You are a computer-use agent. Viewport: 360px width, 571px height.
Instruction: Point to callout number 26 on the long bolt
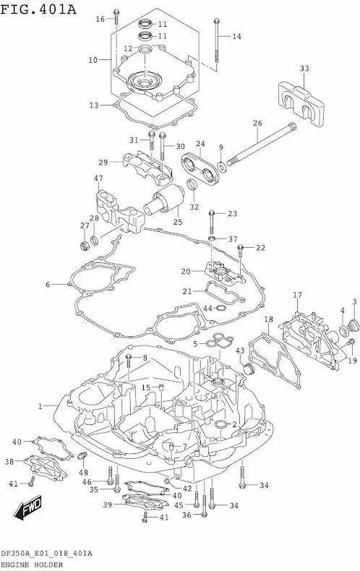[257, 123]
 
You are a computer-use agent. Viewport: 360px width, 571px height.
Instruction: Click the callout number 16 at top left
[100, 18]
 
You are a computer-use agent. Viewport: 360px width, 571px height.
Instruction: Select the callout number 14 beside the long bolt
[236, 35]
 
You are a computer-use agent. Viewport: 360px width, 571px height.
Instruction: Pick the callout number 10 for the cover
[93, 59]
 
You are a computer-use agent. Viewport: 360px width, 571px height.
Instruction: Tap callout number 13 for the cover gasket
[93, 106]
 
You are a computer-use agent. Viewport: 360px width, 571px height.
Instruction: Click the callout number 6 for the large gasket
[48, 284]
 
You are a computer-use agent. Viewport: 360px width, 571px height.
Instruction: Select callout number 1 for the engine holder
[41, 408]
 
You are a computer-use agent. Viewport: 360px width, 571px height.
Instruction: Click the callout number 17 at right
[296, 295]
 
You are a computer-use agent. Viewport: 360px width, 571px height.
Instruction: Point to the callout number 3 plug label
[354, 301]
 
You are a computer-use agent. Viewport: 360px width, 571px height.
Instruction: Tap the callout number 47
[98, 179]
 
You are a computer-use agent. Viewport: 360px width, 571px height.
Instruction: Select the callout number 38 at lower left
[9, 461]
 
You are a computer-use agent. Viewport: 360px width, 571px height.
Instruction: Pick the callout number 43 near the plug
[240, 351]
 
